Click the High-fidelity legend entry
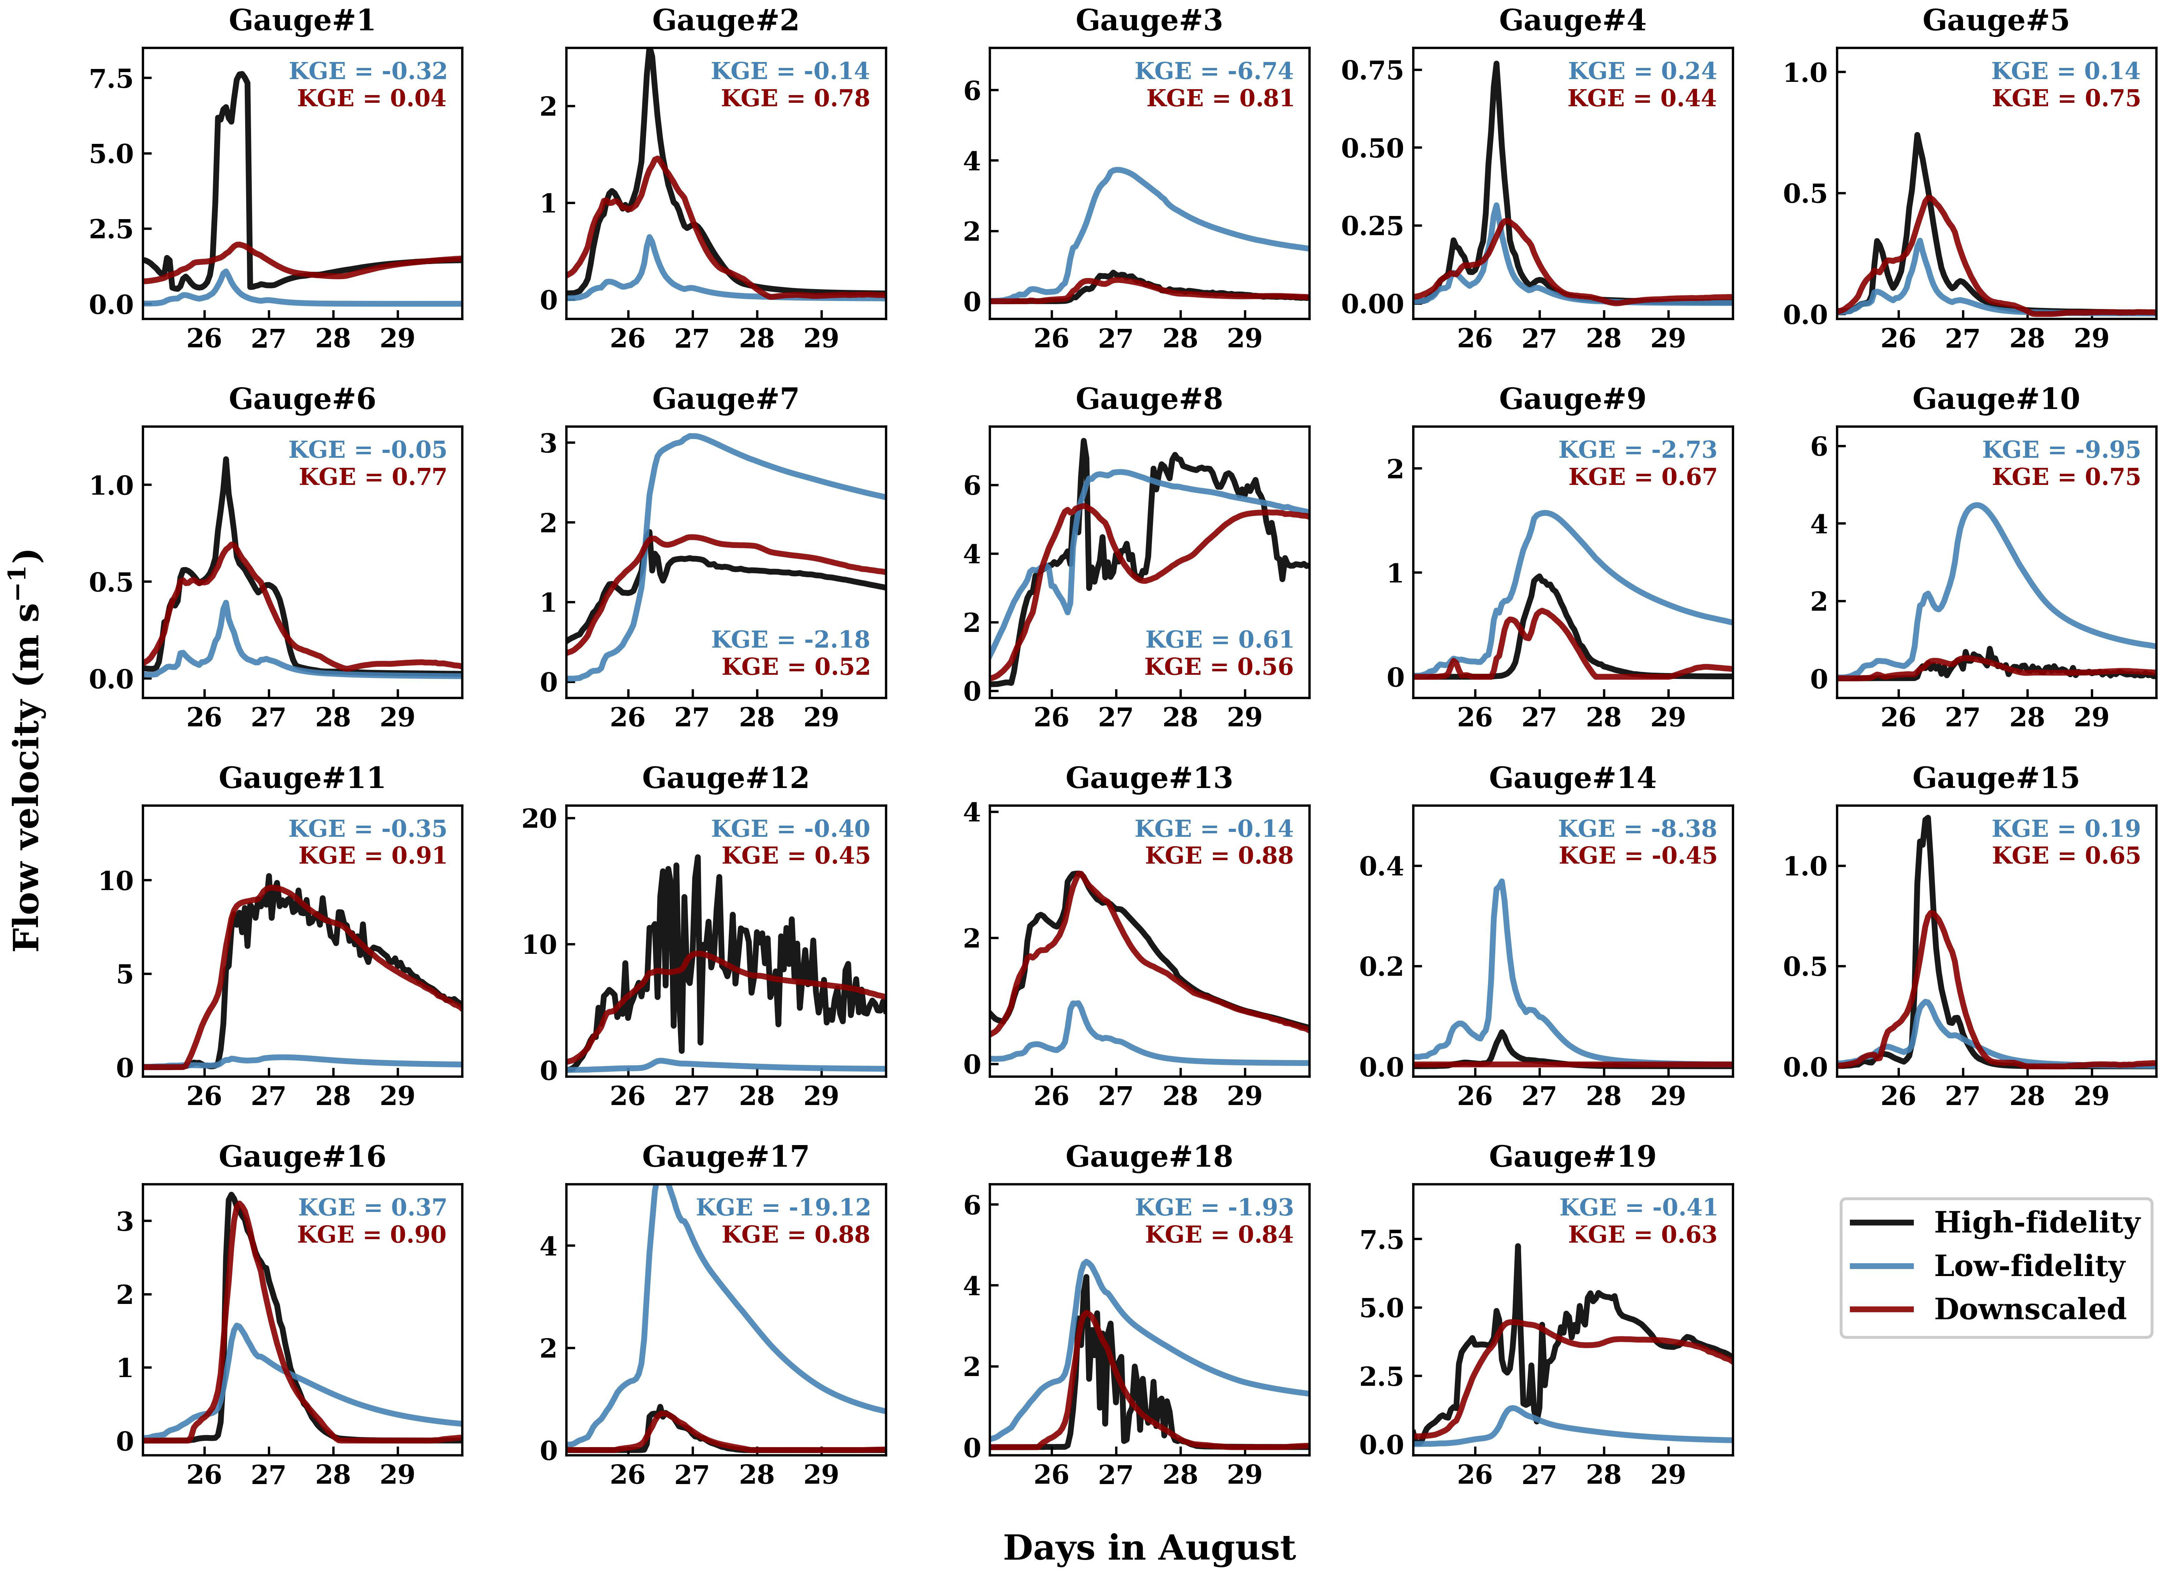tap(2036, 1223)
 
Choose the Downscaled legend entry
tap(2029, 1308)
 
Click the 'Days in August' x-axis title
tap(1149, 1547)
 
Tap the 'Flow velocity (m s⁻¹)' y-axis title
tap(27, 750)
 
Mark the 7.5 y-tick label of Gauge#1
tap(112, 78)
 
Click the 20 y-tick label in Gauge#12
tap(540, 819)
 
